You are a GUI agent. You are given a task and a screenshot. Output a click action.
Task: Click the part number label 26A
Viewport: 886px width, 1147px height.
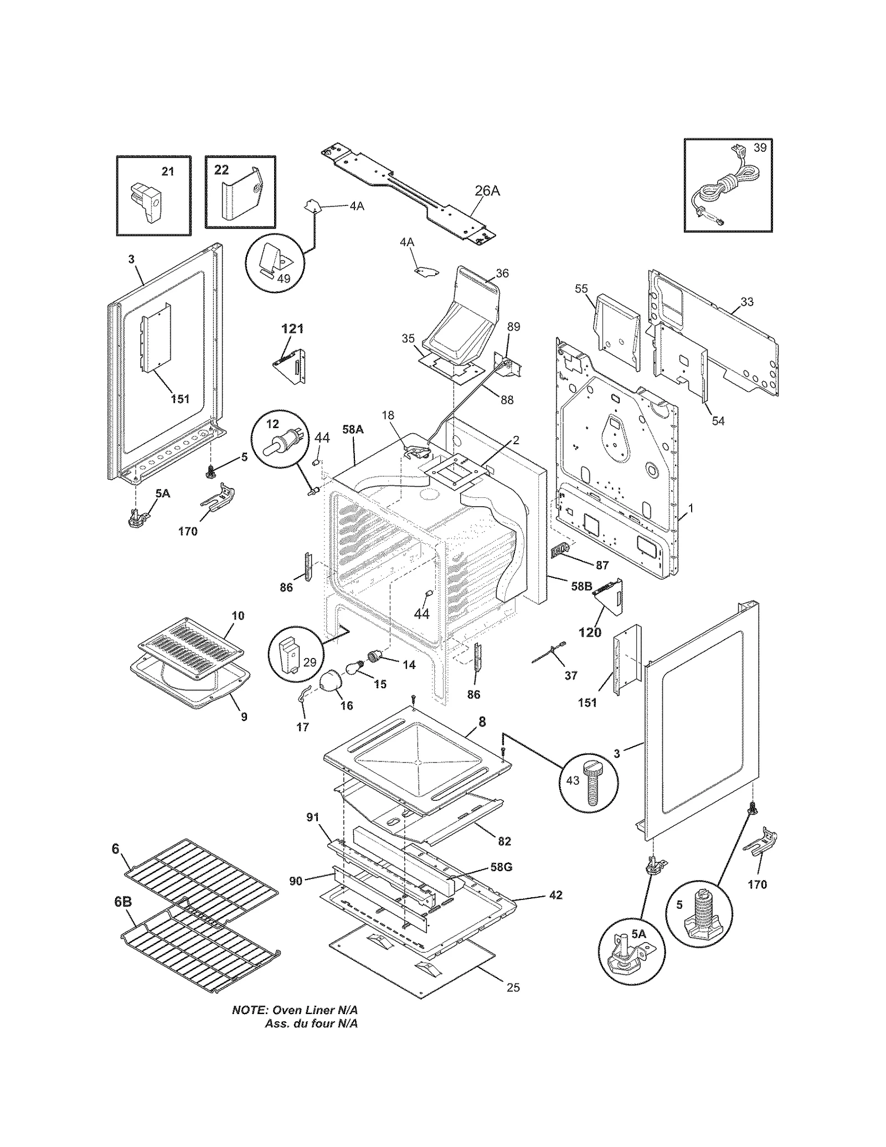(487, 191)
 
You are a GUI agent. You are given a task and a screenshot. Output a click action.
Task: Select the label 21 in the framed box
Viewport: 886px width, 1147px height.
(168, 172)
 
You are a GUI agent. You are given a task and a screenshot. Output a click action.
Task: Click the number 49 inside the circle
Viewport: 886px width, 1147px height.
(284, 279)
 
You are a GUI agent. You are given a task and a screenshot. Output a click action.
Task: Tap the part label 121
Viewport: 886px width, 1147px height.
(292, 328)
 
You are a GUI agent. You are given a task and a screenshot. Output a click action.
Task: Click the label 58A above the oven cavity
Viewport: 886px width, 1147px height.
(353, 429)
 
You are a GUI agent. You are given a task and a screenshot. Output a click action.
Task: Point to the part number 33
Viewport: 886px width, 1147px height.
(747, 302)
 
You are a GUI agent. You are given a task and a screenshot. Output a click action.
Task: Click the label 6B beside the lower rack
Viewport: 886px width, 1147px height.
(123, 902)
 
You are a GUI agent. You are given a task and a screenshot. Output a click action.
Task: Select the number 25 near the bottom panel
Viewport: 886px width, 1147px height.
(513, 987)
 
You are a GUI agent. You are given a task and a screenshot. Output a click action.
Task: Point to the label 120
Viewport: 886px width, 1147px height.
(590, 632)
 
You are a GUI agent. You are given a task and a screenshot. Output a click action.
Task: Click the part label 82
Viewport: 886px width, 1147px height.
(504, 841)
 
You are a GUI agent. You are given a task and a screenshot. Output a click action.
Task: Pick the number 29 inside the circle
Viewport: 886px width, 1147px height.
(310, 662)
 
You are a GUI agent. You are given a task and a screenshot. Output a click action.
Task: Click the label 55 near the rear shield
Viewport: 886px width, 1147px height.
(581, 289)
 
